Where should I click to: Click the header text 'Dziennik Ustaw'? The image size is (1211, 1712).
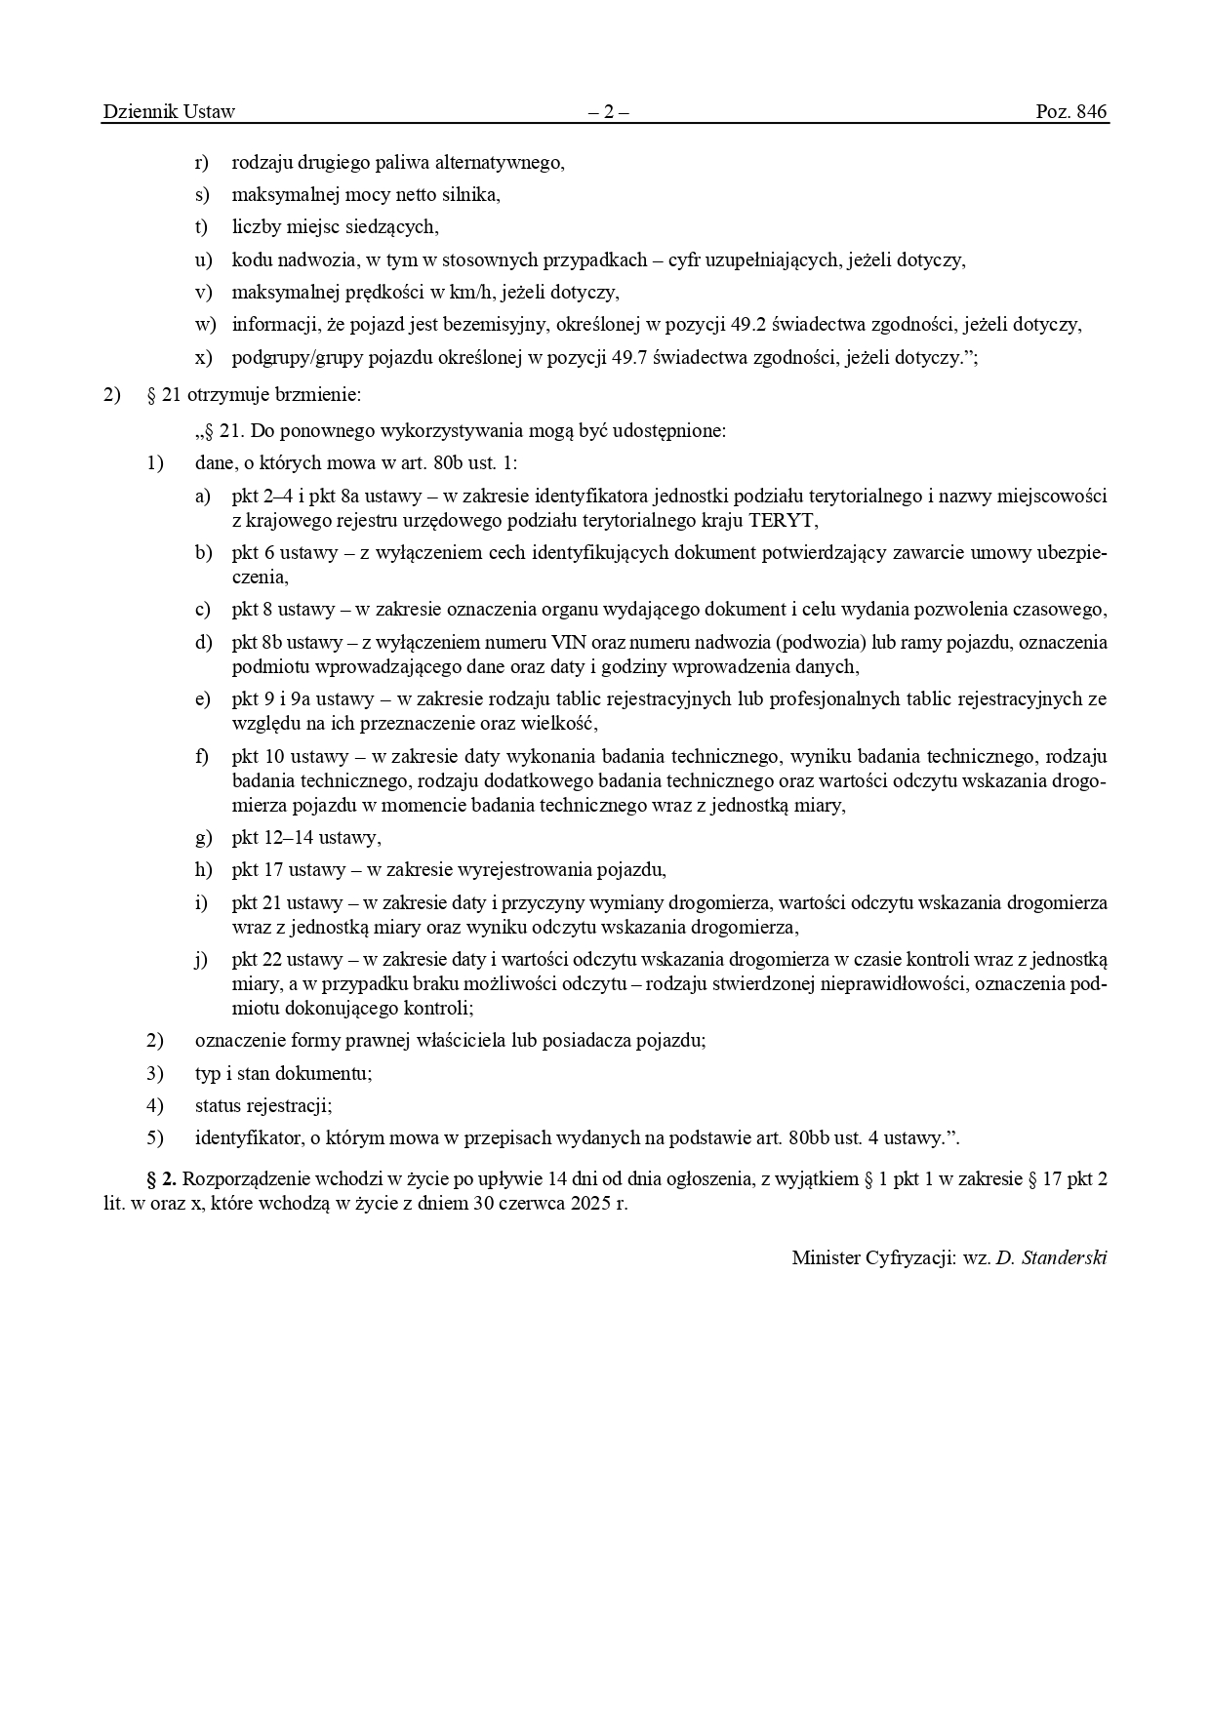point(169,112)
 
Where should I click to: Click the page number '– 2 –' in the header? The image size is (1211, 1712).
point(608,112)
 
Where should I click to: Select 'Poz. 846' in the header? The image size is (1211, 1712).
point(1071,112)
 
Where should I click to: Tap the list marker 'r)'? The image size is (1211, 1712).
point(202,162)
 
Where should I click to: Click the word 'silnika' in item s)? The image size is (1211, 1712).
point(472,194)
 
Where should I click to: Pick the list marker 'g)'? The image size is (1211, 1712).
point(203,837)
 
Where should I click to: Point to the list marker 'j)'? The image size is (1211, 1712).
point(201,959)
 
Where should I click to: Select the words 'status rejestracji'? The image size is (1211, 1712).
point(263,1105)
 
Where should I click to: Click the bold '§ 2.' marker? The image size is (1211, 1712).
point(161,1178)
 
